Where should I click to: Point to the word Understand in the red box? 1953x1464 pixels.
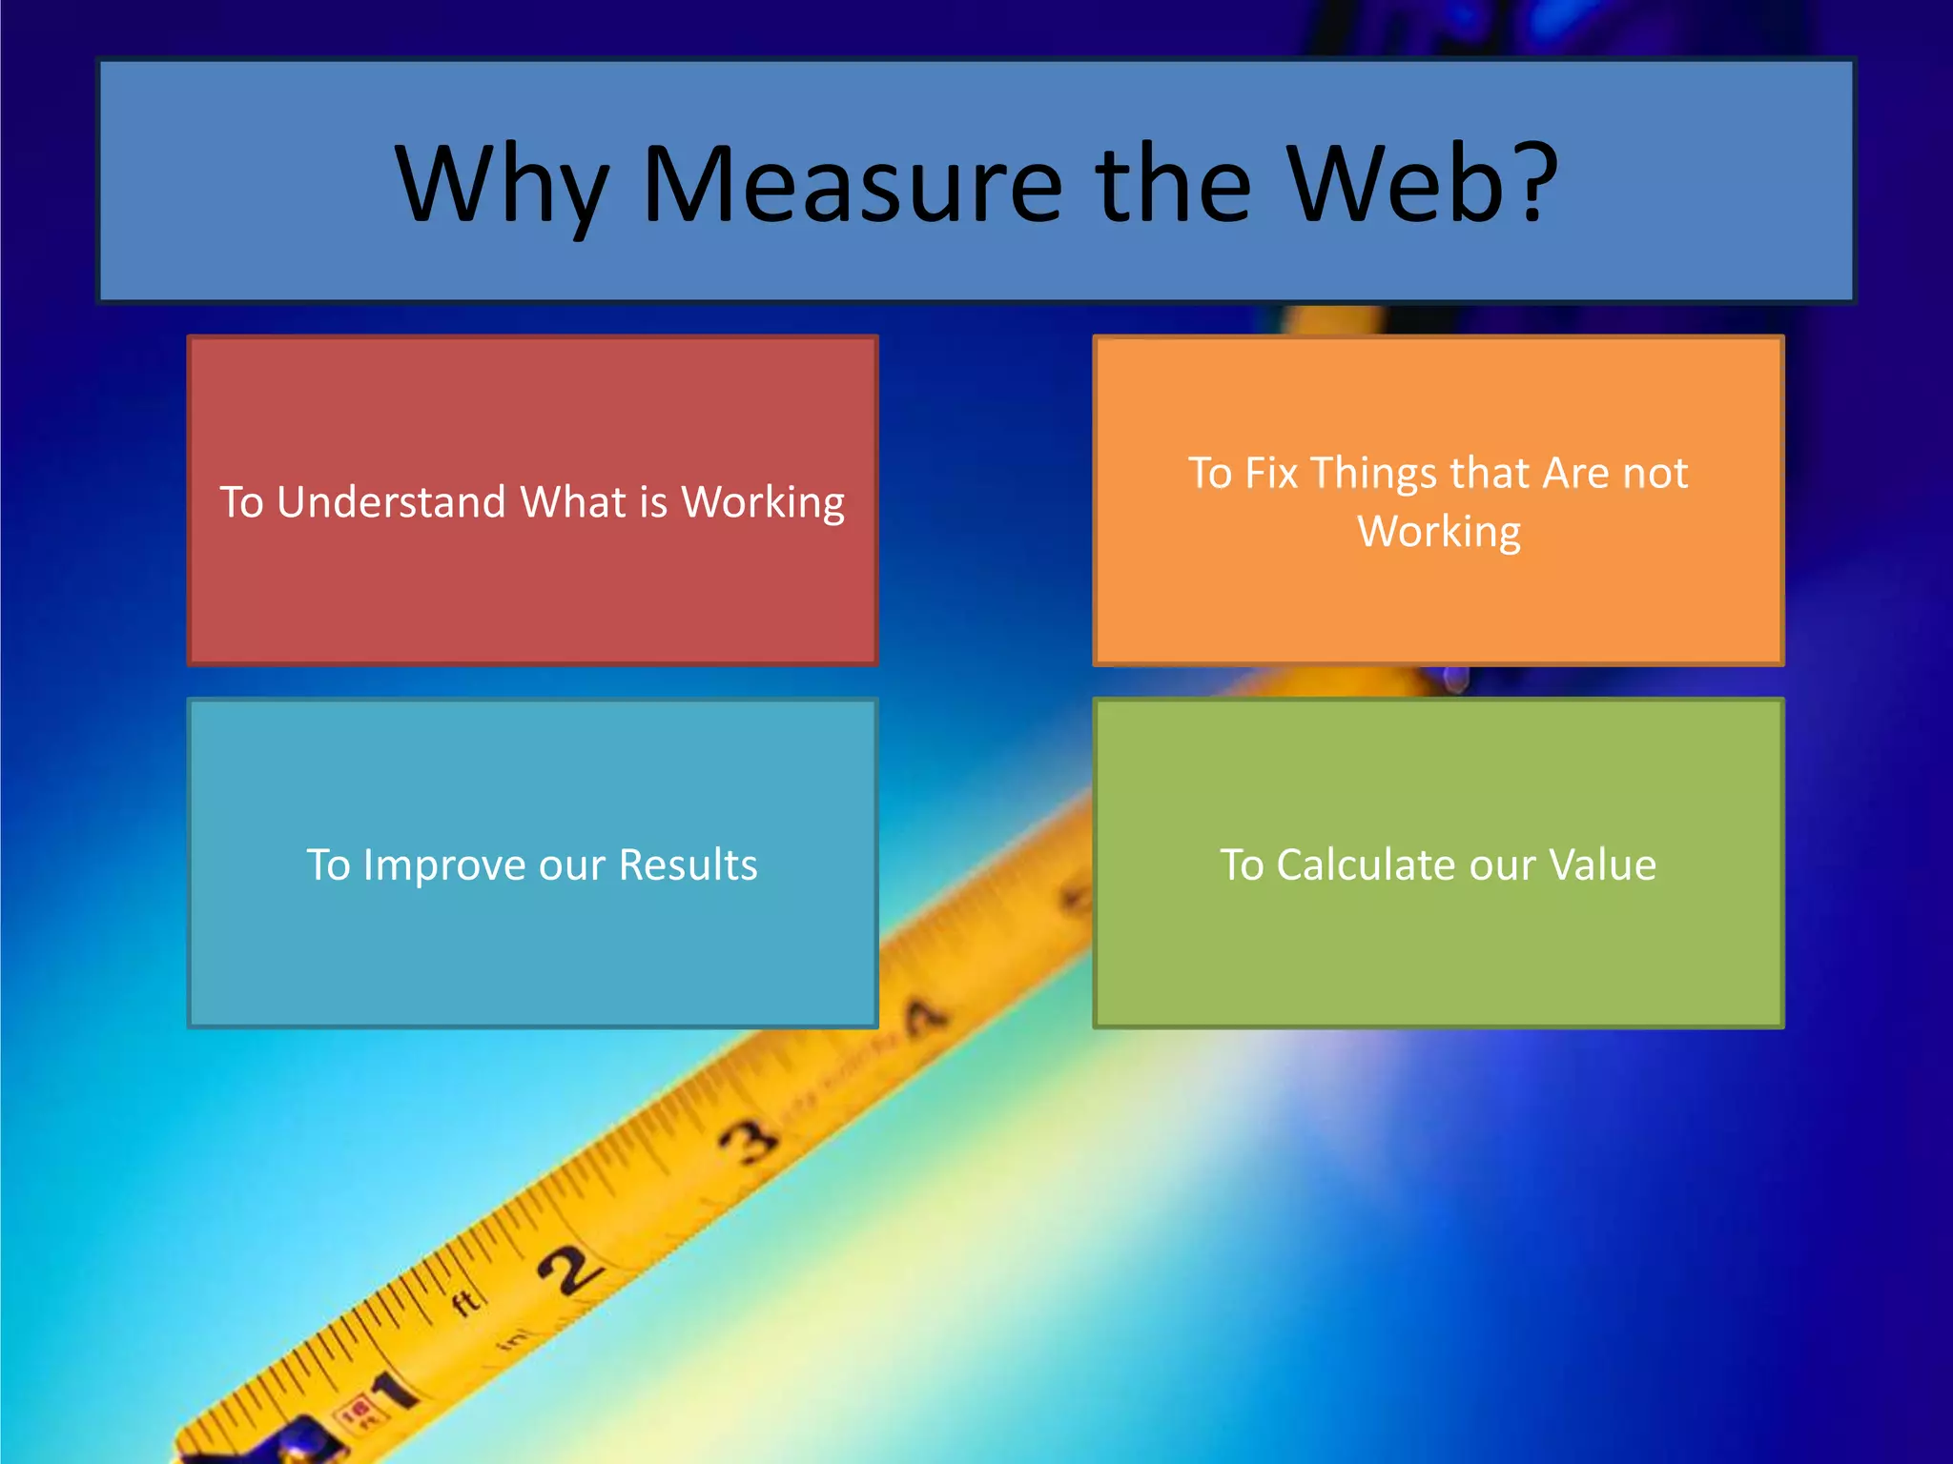pyautogui.click(x=391, y=502)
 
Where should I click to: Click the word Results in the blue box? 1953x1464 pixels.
pyautogui.click(x=688, y=865)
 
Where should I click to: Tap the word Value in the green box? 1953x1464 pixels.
pyautogui.click(x=1603, y=865)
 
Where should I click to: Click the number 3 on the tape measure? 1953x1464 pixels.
pyautogui.click(x=748, y=1141)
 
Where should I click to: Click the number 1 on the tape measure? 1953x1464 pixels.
pyautogui.click(x=395, y=1393)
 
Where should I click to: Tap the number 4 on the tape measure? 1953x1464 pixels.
pyautogui.click(x=923, y=1017)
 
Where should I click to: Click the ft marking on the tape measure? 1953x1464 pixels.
pyautogui.click(x=466, y=1302)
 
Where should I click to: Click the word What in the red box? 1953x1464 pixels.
pyautogui.click(x=572, y=502)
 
